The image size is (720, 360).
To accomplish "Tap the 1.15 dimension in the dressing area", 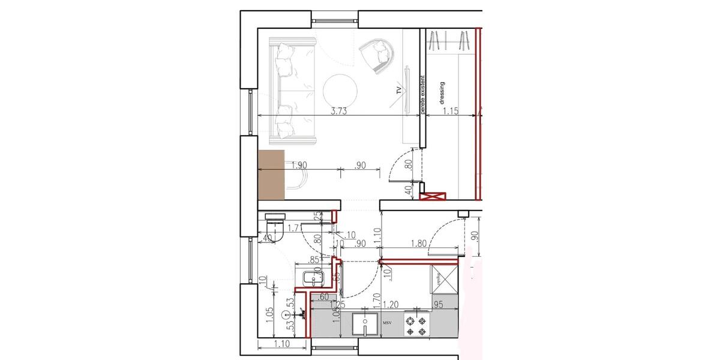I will click(451, 111).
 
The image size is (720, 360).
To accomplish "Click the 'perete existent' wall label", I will click(422, 95).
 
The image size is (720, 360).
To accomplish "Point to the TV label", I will click(398, 91).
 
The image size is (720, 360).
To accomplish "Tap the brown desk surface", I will click(271, 173).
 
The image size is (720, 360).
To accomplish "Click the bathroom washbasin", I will click(313, 278).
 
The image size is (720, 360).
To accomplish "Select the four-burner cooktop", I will click(416, 325).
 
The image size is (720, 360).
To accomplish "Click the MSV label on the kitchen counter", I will click(388, 324).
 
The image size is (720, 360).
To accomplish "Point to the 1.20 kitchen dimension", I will click(391, 304).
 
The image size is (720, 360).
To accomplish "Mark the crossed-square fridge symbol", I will click(444, 278).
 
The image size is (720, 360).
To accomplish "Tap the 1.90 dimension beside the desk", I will click(299, 166).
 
